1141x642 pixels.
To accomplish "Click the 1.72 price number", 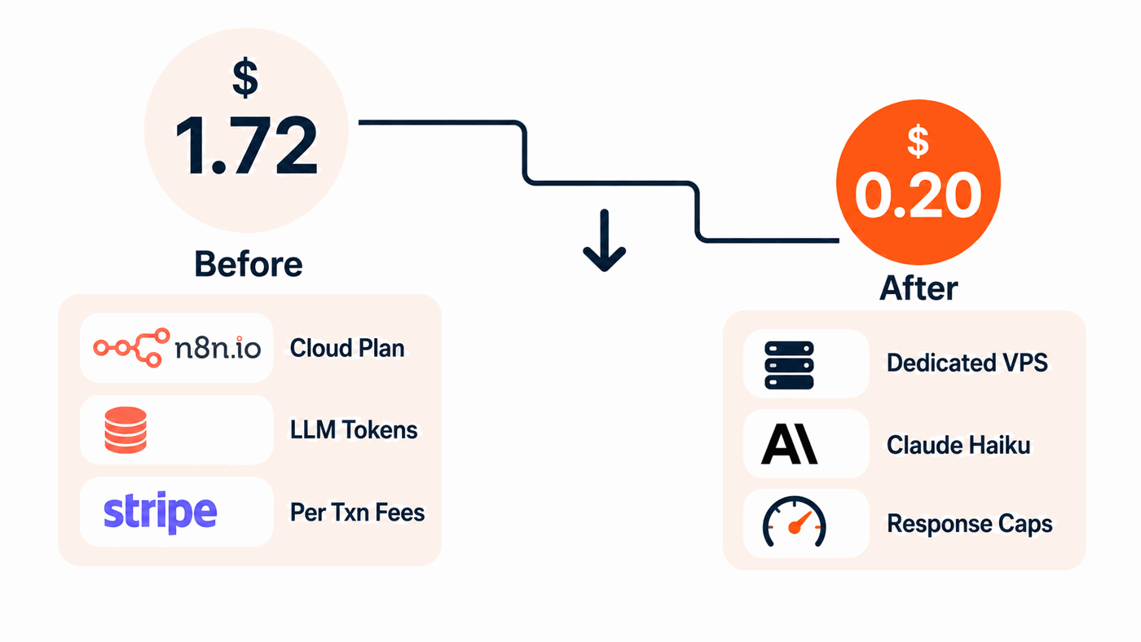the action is (x=246, y=145).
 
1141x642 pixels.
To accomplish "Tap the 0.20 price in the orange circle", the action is (x=918, y=195).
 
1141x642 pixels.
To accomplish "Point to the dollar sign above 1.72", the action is (x=245, y=77).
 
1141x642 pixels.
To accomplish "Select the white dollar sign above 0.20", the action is (x=918, y=141).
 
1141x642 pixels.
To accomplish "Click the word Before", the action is (x=249, y=264).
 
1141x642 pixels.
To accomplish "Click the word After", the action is (x=919, y=288).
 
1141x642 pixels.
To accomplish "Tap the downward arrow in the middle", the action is (x=605, y=240).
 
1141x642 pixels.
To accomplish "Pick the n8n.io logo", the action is (x=177, y=348).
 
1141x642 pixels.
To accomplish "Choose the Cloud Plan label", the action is (x=347, y=348).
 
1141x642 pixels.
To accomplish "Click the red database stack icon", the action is (x=126, y=430).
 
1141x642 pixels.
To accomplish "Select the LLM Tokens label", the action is (x=354, y=429).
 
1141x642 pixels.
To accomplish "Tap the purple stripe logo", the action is (x=161, y=512).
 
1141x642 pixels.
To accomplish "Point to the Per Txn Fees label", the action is (x=357, y=512).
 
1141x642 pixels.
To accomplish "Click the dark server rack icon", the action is (x=789, y=365).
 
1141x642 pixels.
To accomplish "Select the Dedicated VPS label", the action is (x=967, y=363).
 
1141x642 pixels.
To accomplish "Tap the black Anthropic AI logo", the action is (x=789, y=444).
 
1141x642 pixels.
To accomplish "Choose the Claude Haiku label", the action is (x=958, y=445).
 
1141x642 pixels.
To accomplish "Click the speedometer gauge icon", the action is (x=794, y=522).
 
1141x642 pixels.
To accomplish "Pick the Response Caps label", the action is (x=969, y=525).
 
